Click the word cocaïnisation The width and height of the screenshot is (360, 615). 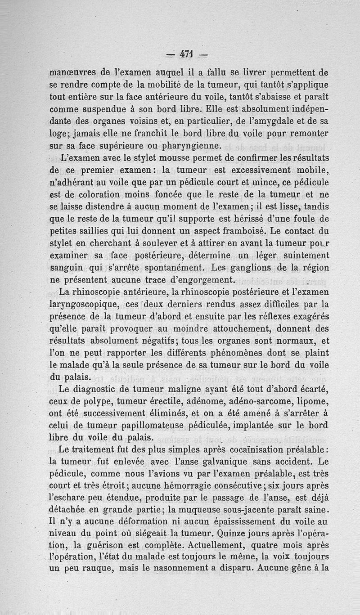(x=245, y=449)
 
